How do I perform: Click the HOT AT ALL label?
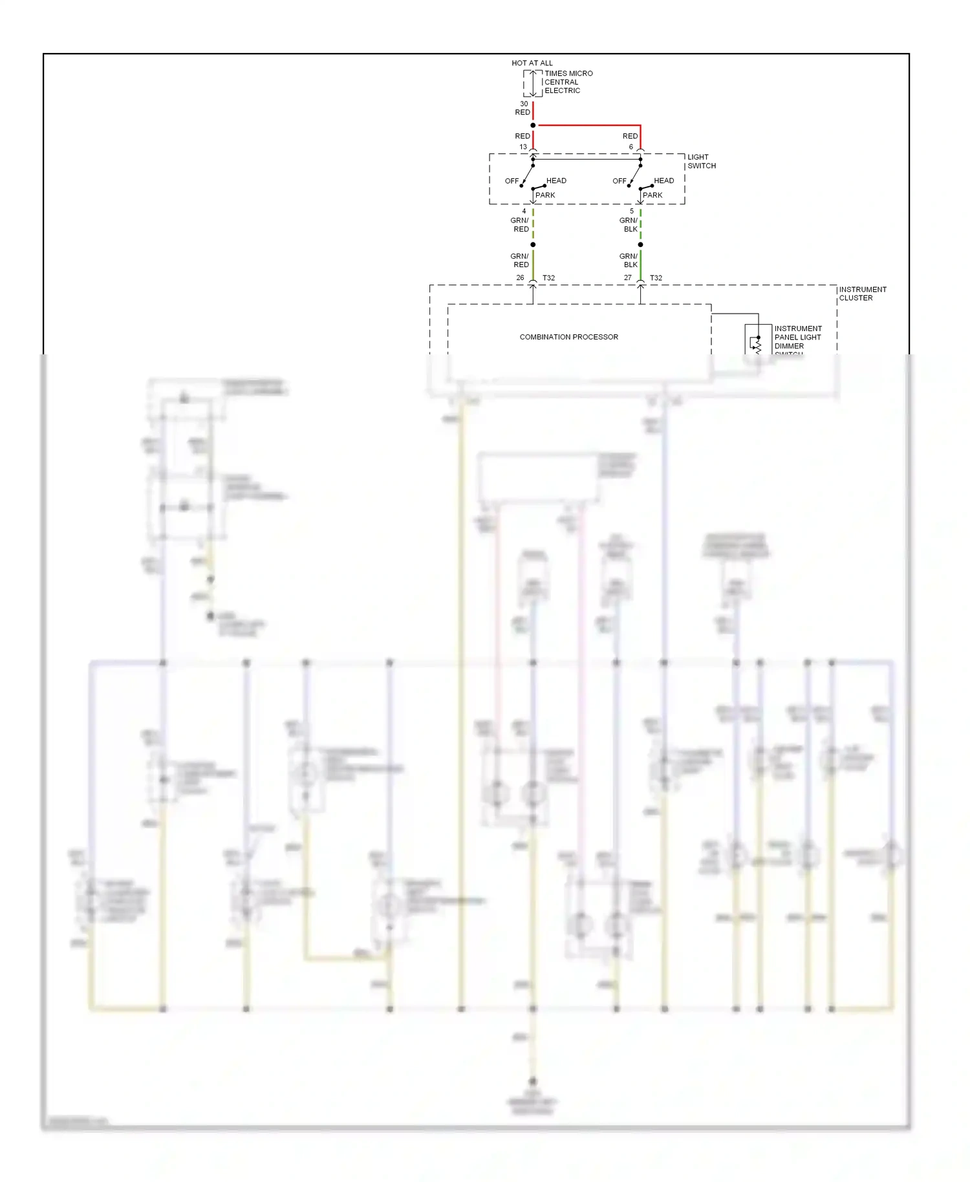(x=532, y=63)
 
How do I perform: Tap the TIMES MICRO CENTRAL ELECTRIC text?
(x=568, y=82)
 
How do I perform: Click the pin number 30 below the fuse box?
(x=524, y=103)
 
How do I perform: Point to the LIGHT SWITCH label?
(x=701, y=161)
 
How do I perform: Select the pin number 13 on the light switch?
(x=523, y=147)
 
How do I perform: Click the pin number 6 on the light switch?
(x=631, y=147)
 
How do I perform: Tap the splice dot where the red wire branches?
(x=533, y=125)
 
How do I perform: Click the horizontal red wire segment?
(x=588, y=125)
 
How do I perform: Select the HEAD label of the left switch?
(x=556, y=180)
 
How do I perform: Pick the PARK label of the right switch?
(x=652, y=195)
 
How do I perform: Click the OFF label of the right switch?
(x=620, y=181)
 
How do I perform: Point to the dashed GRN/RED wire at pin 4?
(x=533, y=223)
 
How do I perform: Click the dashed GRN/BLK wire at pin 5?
(x=640, y=223)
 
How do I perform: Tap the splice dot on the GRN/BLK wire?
(x=640, y=244)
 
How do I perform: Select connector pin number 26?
(x=520, y=277)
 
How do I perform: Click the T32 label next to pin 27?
(x=656, y=278)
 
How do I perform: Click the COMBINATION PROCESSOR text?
(x=568, y=337)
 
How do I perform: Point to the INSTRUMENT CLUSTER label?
(x=862, y=294)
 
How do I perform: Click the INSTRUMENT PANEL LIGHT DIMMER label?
(x=797, y=338)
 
